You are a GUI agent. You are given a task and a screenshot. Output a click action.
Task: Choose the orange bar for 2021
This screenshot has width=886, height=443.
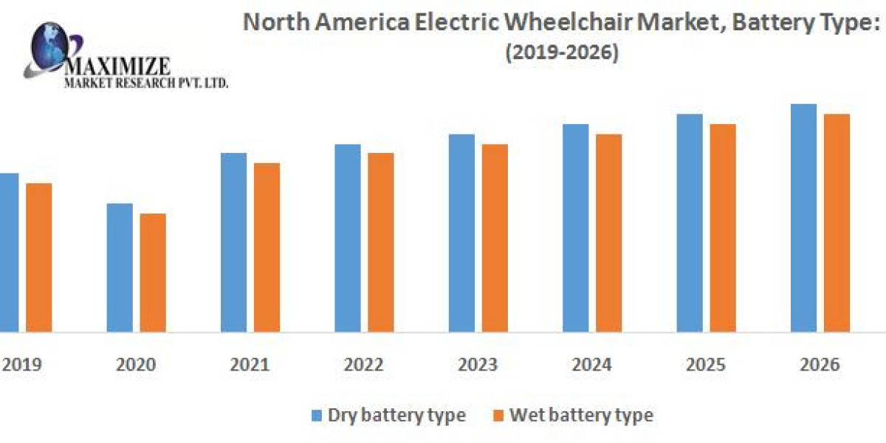pos(267,247)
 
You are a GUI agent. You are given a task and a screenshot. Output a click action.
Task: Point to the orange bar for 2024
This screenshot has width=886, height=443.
pos(608,233)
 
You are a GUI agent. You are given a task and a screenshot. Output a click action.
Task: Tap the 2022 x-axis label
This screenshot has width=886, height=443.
pos(364,365)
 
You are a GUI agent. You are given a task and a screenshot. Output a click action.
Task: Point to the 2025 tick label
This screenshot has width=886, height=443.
pos(706,365)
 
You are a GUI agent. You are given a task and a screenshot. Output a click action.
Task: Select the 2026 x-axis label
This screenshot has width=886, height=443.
pos(820,365)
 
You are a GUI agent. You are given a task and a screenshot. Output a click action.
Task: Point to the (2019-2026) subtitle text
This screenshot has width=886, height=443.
pos(563,53)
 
